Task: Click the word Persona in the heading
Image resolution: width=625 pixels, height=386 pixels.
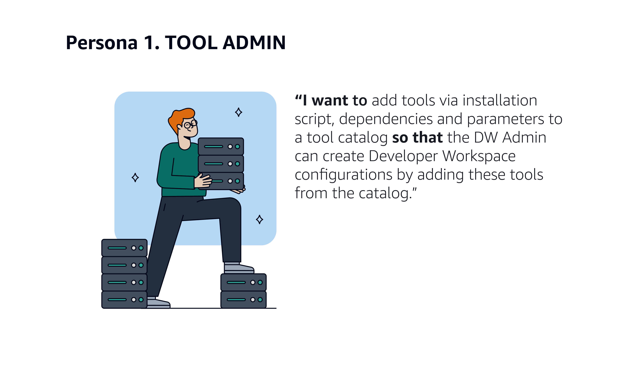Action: (x=102, y=43)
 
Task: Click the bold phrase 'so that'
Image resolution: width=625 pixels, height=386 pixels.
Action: (x=417, y=137)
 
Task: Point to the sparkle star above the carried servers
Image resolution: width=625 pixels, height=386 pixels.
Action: (x=238, y=112)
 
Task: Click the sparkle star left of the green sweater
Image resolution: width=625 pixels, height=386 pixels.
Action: (x=135, y=177)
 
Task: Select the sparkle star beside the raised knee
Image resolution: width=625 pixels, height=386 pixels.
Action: (x=259, y=219)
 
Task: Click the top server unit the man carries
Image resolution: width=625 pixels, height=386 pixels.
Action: (x=221, y=146)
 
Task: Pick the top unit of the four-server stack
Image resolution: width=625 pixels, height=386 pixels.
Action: (x=124, y=248)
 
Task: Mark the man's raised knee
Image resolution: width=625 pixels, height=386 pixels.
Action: (x=234, y=204)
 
